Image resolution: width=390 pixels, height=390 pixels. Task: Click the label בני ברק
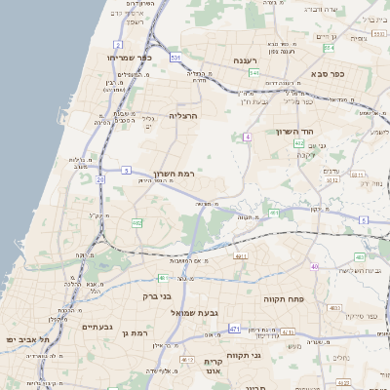point(157,295)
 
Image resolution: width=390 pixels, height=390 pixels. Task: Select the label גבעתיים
point(98,328)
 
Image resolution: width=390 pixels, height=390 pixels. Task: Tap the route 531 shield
point(175,58)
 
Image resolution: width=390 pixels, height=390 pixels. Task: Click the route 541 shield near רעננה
point(253,73)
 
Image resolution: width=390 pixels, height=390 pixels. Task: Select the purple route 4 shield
point(248,136)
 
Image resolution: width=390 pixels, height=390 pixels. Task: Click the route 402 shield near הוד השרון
point(299,143)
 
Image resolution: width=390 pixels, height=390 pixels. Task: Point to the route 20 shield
point(100,179)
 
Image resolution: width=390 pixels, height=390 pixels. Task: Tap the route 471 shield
point(234,330)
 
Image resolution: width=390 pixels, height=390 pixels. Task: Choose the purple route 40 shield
point(314,266)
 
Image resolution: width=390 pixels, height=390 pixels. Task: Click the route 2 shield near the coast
point(117,45)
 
